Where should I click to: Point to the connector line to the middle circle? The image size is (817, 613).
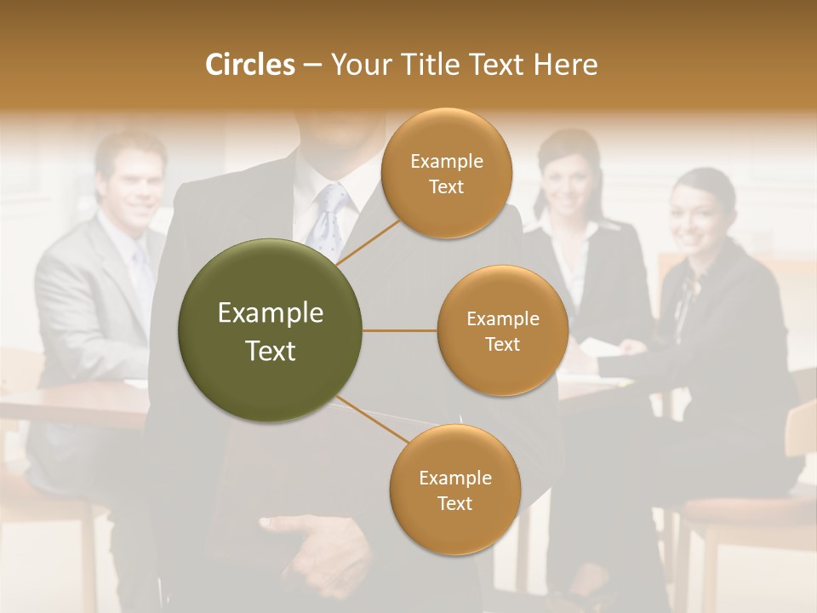[400, 330]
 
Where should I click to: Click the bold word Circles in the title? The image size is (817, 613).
[250, 65]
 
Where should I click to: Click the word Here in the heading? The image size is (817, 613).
[565, 65]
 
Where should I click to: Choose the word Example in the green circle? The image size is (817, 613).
[271, 313]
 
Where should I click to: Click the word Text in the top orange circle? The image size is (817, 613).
[446, 187]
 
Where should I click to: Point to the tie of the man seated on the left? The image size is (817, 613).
[141, 272]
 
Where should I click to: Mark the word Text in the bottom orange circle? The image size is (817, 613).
[454, 503]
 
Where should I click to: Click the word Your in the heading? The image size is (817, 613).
[356, 65]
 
